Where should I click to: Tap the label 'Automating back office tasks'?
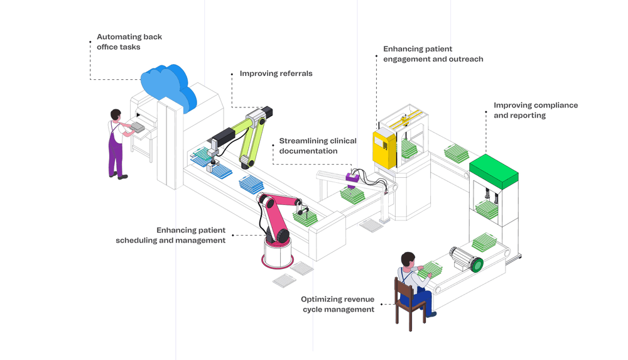129,42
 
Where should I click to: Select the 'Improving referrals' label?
276,74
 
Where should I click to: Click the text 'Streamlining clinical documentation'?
318,146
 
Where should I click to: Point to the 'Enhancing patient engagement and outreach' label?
433,54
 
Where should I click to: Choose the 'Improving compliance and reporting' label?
536,110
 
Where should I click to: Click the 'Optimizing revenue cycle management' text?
337,304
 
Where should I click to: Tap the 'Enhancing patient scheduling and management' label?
171,235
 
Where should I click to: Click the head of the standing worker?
116,114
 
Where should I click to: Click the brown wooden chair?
408,305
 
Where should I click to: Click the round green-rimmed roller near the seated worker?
476,264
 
